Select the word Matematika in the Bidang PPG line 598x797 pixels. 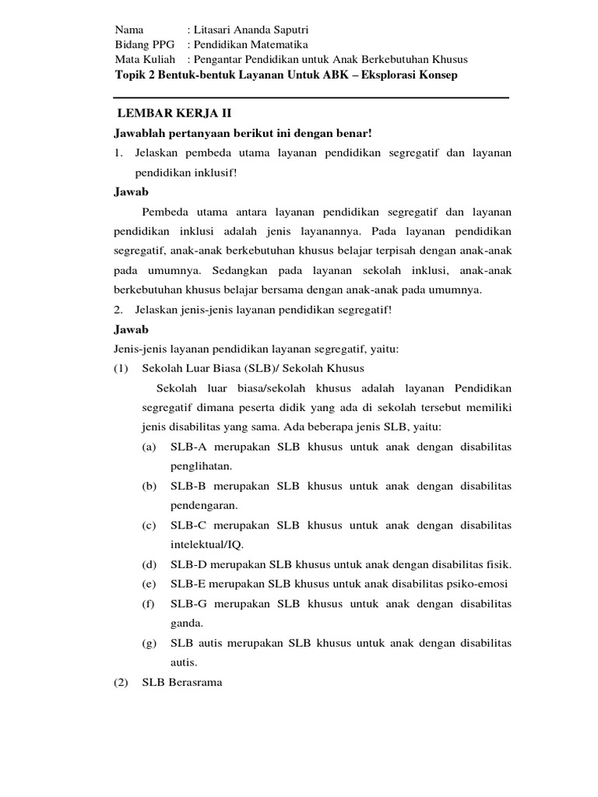pyautogui.click(x=280, y=44)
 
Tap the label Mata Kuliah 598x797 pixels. pyautogui.click(x=145, y=59)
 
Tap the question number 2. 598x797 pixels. pyautogui.click(x=119, y=310)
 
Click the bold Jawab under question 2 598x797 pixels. pyautogui.click(x=132, y=329)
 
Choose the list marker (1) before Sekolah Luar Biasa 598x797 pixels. pyautogui.click(x=121, y=368)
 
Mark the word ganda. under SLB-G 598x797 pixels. pyautogui.click(x=187, y=623)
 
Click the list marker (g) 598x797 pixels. pyautogui.click(x=149, y=643)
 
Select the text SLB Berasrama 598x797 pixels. pyautogui.click(x=181, y=683)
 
